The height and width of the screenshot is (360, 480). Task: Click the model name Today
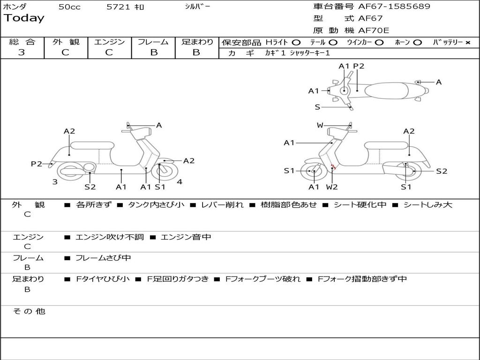(24, 18)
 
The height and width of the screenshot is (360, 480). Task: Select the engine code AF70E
(374, 31)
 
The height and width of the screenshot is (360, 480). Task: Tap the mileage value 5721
(119, 7)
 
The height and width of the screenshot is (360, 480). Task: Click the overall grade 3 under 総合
(22, 52)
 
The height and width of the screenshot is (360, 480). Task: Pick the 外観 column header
(66, 42)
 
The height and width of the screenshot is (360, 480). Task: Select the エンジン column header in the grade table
(109, 42)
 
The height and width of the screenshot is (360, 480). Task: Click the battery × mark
(467, 43)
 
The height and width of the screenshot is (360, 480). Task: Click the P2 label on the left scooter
(37, 164)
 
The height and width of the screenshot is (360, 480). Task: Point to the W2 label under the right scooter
(332, 187)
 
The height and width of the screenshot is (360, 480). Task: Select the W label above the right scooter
(320, 125)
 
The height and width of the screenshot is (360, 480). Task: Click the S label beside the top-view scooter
(317, 107)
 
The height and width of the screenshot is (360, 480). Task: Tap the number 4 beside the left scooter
(180, 182)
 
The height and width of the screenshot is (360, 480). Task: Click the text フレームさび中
(103, 258)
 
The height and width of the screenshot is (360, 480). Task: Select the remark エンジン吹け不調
(110, 237)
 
